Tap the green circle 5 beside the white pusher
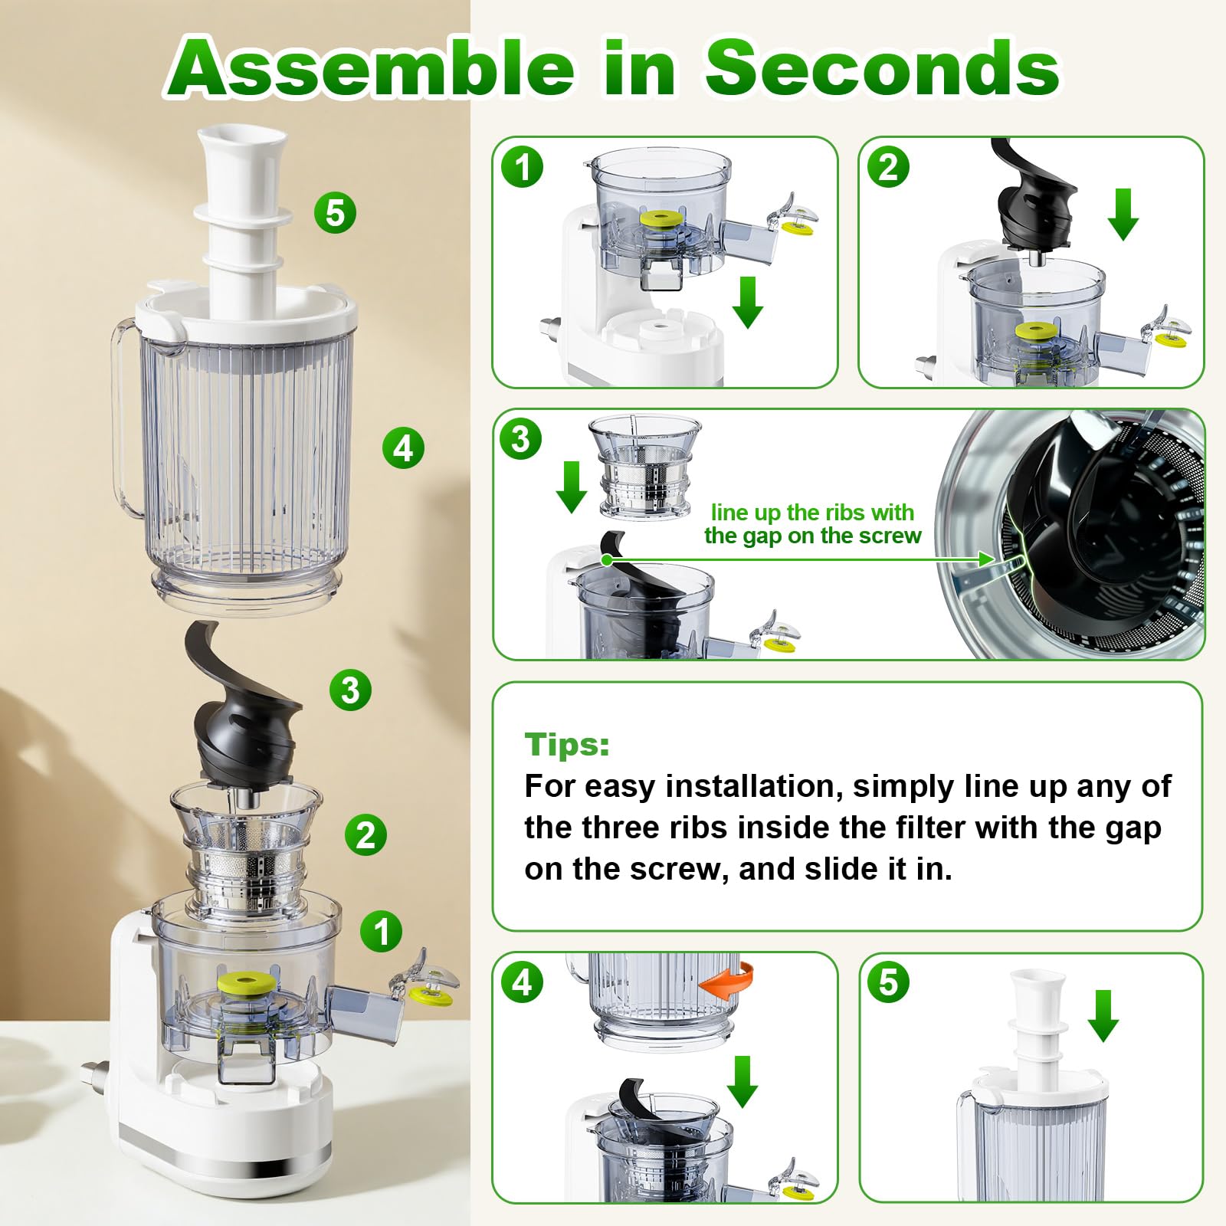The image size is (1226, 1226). point(336,213)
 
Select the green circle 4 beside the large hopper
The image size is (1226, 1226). point(403,448)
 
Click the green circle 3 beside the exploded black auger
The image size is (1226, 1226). point(350,690)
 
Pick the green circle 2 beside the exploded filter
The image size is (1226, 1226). point(366,835)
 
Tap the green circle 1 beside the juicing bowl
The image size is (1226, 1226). point(382,932)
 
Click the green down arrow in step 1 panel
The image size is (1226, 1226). point(747,302)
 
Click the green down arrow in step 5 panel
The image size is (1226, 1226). point(1103,1015)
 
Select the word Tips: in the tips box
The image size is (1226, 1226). point(567,744)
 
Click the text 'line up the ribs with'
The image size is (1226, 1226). point(811,512)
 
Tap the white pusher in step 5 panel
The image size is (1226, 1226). point(1037,1027)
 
